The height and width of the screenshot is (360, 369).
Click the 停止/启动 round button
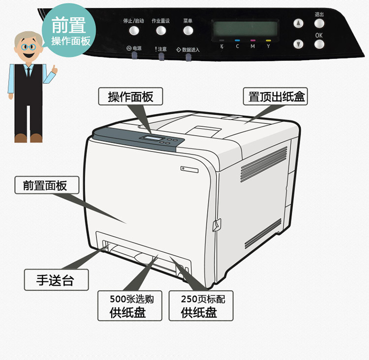(134, 31)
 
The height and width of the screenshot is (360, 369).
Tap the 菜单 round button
(188, 31)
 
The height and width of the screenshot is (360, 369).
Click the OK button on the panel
(319, 44)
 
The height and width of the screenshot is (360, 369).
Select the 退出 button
(319, 23)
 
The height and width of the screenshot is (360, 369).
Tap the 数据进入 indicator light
(188, 58)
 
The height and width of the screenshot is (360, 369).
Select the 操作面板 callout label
(131, 97)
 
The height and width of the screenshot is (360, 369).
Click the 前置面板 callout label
(45, 186)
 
